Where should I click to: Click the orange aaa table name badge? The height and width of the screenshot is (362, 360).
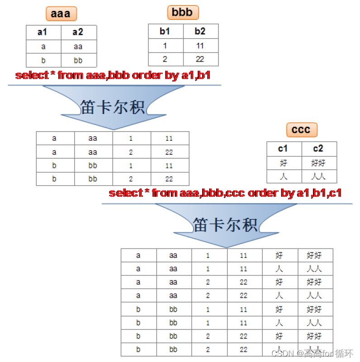(x=61, y=14)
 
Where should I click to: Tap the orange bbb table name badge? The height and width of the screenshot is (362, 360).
(x=183, y=12)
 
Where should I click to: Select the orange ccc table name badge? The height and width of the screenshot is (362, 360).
(x=301, y=130)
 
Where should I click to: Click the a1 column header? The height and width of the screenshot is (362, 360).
(x=43, y=33)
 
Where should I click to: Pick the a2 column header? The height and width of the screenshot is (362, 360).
(x=78, y=33)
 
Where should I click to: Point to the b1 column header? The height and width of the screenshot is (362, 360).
(x=166, y=31)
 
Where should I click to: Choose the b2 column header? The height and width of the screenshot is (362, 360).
(x=200, y=31)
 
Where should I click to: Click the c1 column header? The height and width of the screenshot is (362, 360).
(x=284, y=149)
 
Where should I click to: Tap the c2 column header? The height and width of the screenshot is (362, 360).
(x=319, y=149)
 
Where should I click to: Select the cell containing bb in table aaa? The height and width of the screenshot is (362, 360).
(x=78, y=60)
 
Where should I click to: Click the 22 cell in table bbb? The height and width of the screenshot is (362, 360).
(x=200, y=59)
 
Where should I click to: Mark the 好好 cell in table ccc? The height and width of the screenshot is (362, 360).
(x=319, y=163)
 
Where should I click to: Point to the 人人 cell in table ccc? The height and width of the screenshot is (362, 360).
(x=319, y=176)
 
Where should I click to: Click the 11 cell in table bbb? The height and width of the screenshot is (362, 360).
(x=200, y=46)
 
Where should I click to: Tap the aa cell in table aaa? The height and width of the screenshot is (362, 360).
(x=78, y=46)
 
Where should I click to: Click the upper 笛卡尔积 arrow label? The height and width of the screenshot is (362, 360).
(x=113, y=107)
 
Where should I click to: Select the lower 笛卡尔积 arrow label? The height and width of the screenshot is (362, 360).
(x=225, y=224)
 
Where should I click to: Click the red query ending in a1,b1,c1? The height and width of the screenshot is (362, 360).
(x=225, y=193)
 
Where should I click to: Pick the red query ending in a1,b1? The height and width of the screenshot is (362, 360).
(x=113, y=75)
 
